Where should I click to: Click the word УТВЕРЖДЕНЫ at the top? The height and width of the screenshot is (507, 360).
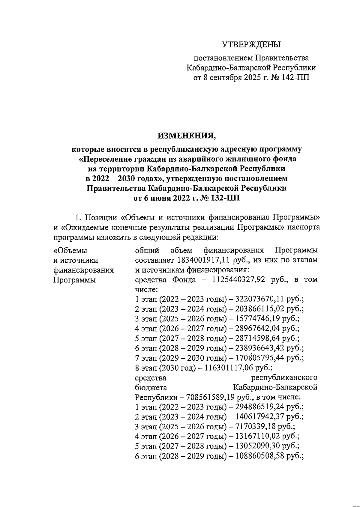pyautogui.click(x=251, y=45)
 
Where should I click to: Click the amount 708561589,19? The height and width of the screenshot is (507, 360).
pyautogui.click(x=211, y=397)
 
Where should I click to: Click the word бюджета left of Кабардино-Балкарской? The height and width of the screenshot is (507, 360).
pyautogui.click(x=151, y=387)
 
